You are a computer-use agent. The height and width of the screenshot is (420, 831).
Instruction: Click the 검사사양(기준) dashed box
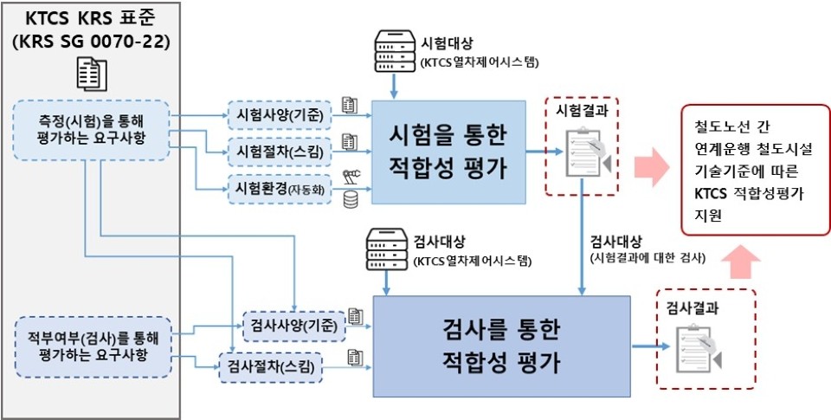[294, 326]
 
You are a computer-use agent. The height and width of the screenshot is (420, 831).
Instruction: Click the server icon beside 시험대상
[394, 51]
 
